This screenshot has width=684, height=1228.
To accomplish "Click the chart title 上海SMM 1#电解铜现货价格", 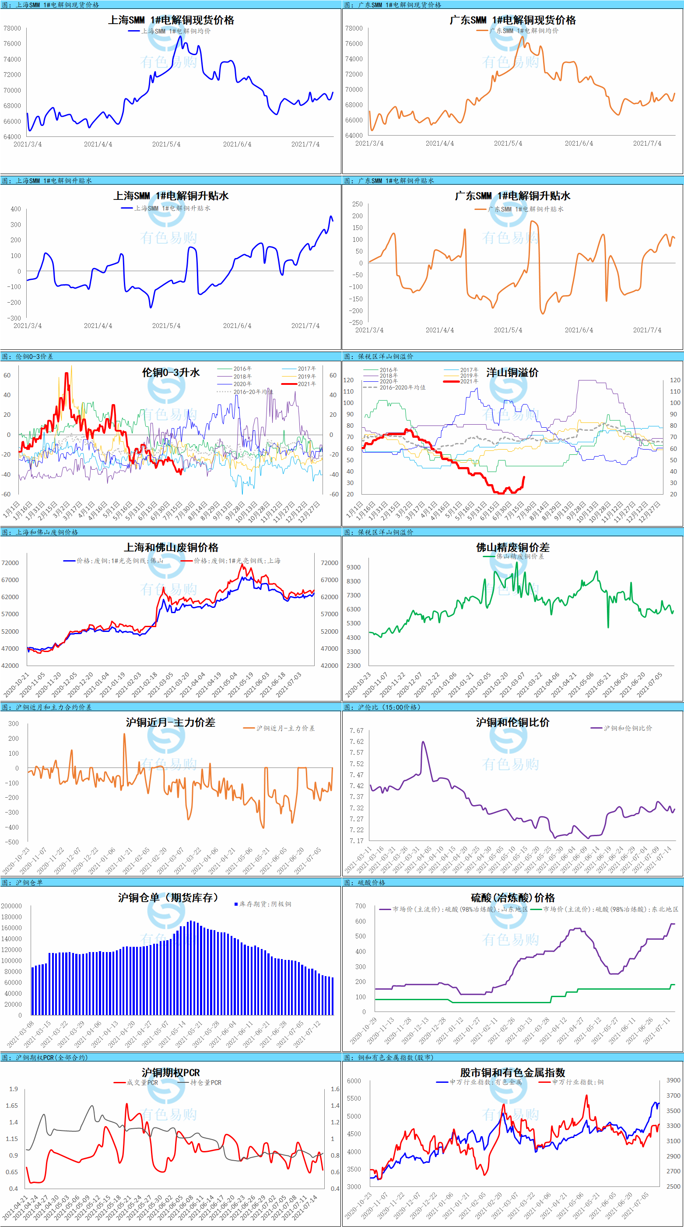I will (171, 20).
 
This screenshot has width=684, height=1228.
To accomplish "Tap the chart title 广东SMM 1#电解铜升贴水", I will (512, 196).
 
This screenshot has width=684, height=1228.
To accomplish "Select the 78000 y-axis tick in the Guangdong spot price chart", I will (354, 28).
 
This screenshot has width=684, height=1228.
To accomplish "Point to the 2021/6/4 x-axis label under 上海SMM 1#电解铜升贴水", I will (237, 326).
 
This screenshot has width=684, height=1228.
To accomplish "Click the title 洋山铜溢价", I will (512, 373).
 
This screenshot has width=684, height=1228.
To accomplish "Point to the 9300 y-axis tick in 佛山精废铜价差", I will (354, 567).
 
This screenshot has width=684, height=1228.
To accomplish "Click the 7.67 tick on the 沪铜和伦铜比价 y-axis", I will (356, 730).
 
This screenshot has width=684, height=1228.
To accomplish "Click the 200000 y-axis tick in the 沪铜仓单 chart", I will (11, 906).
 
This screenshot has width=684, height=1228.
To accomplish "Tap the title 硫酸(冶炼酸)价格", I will (512, 898).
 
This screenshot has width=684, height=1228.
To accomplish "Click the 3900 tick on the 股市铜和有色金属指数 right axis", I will (673, 1080).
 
